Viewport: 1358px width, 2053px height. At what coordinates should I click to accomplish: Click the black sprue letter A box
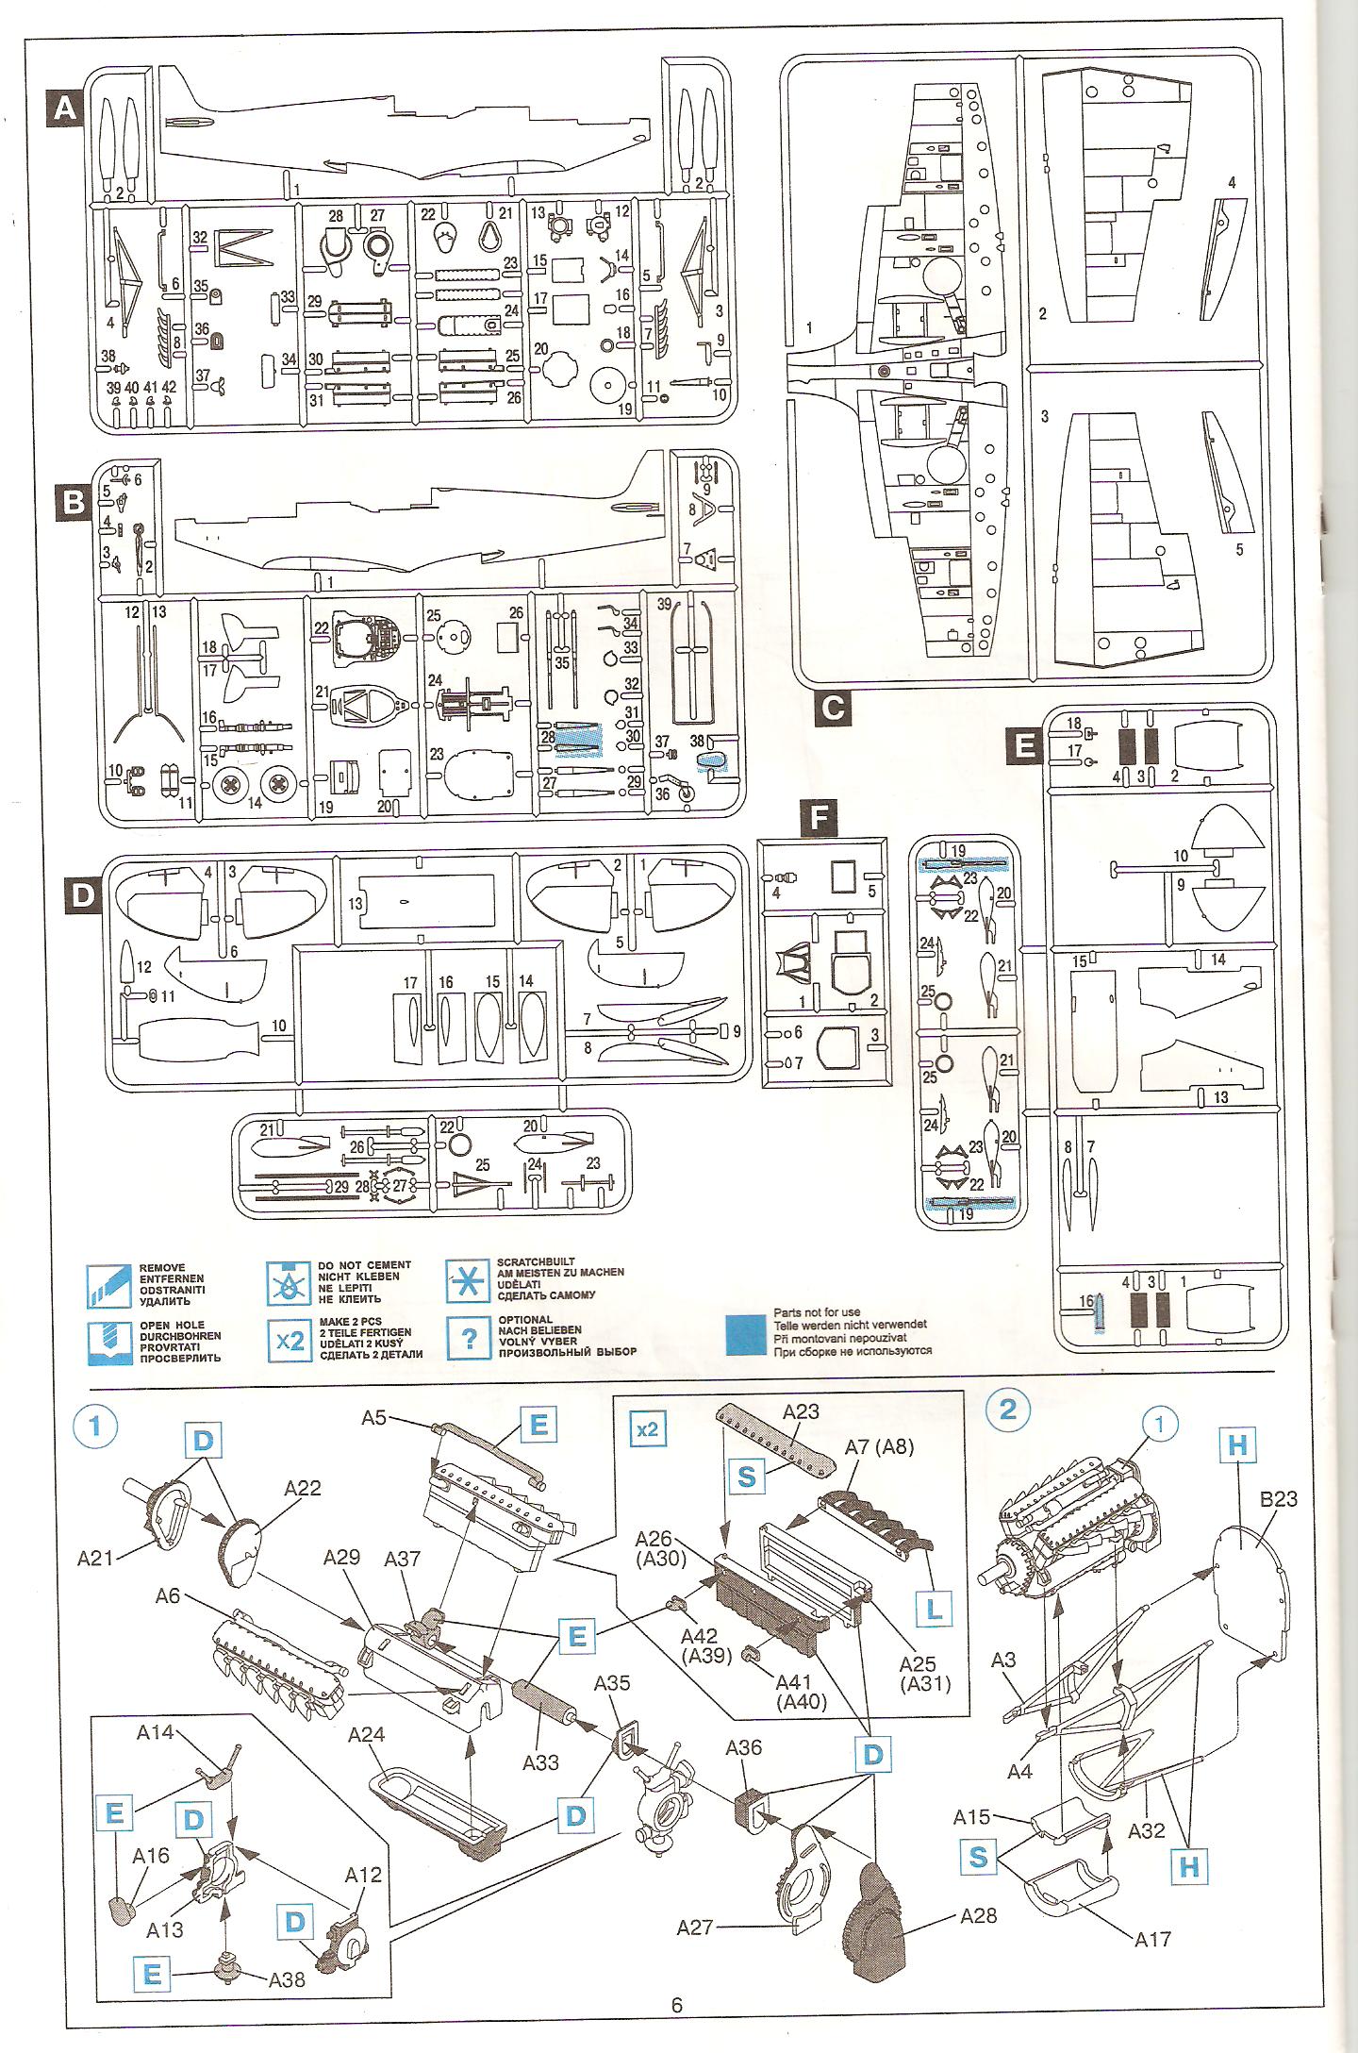pos(64,109)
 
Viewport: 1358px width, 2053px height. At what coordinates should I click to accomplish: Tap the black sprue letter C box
pos(833,708)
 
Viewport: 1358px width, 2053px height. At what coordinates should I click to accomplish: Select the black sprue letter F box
pos(819,819)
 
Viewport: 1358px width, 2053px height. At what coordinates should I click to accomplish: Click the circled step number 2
pos(1008,1409)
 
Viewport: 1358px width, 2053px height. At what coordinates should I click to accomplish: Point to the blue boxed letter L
pos(934,1608)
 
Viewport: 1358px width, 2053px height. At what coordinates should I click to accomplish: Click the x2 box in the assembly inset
pos(647,1429)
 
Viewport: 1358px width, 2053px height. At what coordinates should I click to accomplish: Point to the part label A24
pos(368,1735)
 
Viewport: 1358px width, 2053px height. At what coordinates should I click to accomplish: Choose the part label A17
pos(1152,1939)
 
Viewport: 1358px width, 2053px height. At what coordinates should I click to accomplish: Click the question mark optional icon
pos(469,1339)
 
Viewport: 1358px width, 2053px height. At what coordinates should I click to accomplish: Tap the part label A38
pos(287,1979)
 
